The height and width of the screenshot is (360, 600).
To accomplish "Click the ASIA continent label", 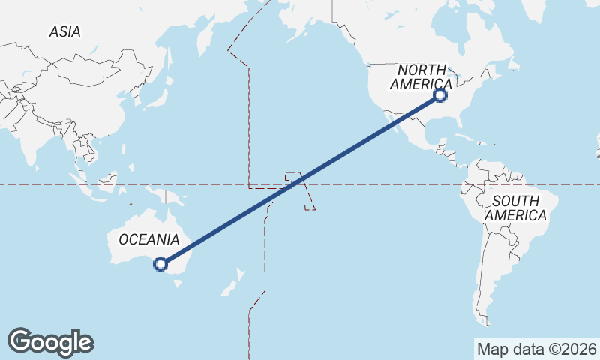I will pos(64,31).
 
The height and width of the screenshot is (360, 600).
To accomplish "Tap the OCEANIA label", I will pos(148,239).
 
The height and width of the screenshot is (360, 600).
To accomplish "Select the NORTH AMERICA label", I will pos(424,76).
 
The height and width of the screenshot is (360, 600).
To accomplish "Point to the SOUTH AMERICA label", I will pos(515,208).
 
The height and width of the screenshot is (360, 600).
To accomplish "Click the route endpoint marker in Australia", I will pos(160,263).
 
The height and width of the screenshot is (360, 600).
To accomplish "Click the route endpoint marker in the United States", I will pos(441,95).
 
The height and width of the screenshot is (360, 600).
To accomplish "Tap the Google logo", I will pos(50,342).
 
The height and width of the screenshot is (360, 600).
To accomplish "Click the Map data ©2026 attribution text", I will pos(536,349).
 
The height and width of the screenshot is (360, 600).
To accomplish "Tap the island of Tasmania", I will pos(178,283).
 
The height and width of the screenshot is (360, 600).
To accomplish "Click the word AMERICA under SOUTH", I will pos(515,215).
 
